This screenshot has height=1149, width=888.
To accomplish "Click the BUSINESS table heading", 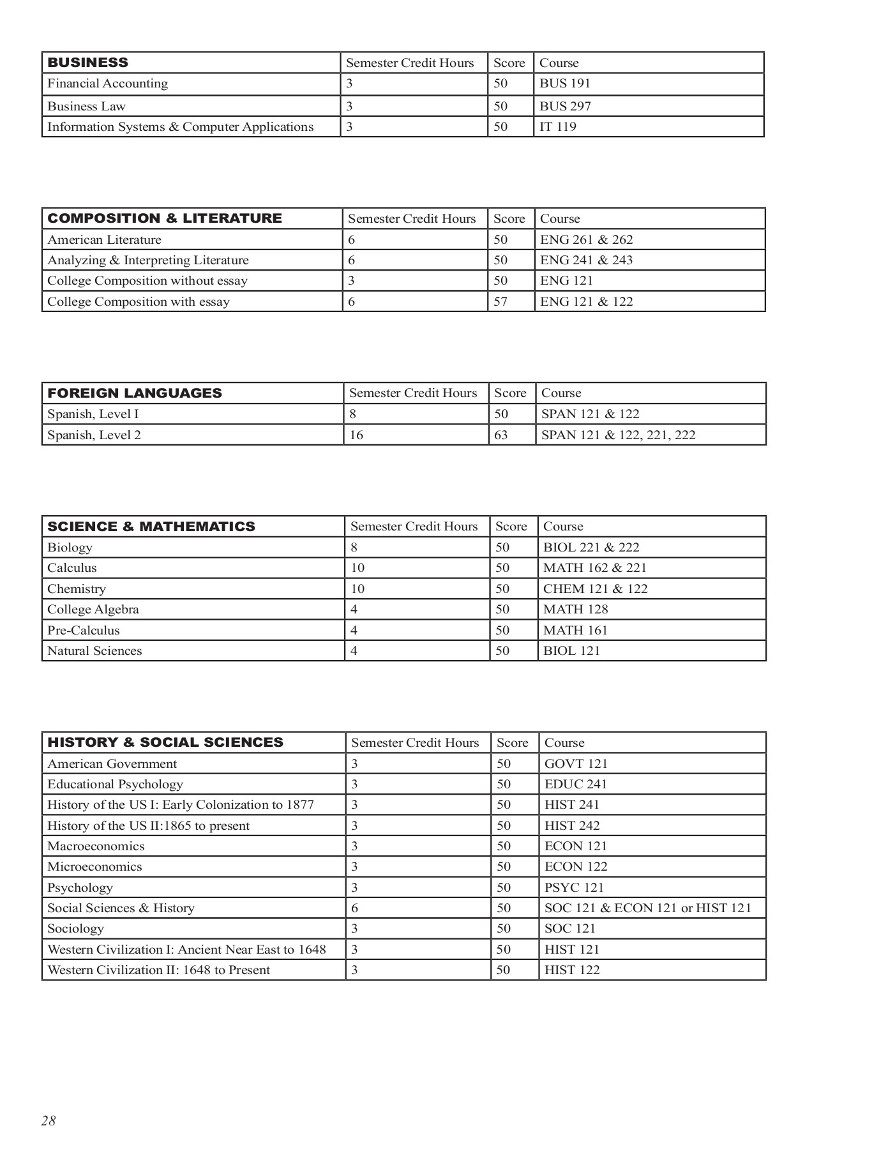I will click(87, 63).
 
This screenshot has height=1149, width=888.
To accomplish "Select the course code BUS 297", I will click(565, 106).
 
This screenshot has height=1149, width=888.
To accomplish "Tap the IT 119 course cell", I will click(557, 126).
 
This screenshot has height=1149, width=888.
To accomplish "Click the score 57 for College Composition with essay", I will click(500, 301).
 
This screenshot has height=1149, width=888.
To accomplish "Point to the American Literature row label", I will click(104, 239).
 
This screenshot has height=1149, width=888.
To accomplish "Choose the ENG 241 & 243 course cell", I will click(586, 260).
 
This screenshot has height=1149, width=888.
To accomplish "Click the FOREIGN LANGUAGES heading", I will click(135, 393).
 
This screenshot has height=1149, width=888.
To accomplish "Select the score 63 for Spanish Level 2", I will click(501, 435).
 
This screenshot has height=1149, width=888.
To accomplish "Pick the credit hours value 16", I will click(356, 435).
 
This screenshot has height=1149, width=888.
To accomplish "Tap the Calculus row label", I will click(72, 567).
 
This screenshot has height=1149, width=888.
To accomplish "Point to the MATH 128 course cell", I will click(575, 609).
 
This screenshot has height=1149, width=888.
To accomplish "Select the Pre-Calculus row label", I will click(83, 630).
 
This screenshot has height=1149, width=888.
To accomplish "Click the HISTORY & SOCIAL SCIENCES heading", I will click(165, 742).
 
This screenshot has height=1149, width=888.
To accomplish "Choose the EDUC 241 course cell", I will click(575, 784).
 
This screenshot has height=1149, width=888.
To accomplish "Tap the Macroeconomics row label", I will click(96, 846).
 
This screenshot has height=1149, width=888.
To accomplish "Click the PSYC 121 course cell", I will click(574, 887).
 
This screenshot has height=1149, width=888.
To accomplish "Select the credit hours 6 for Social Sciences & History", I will click(354, 908).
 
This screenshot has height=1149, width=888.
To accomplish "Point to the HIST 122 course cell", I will click(572, 970).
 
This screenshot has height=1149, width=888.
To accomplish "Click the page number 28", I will click(49, 1121).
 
